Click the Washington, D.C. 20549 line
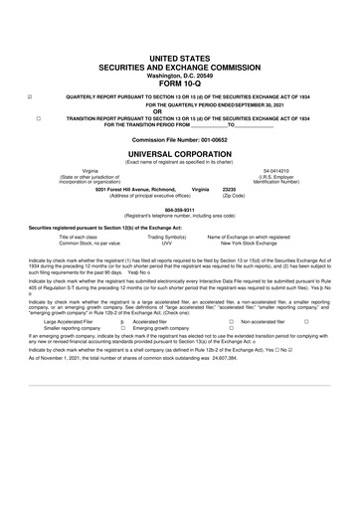(180, 71)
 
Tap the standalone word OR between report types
(180, 110)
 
